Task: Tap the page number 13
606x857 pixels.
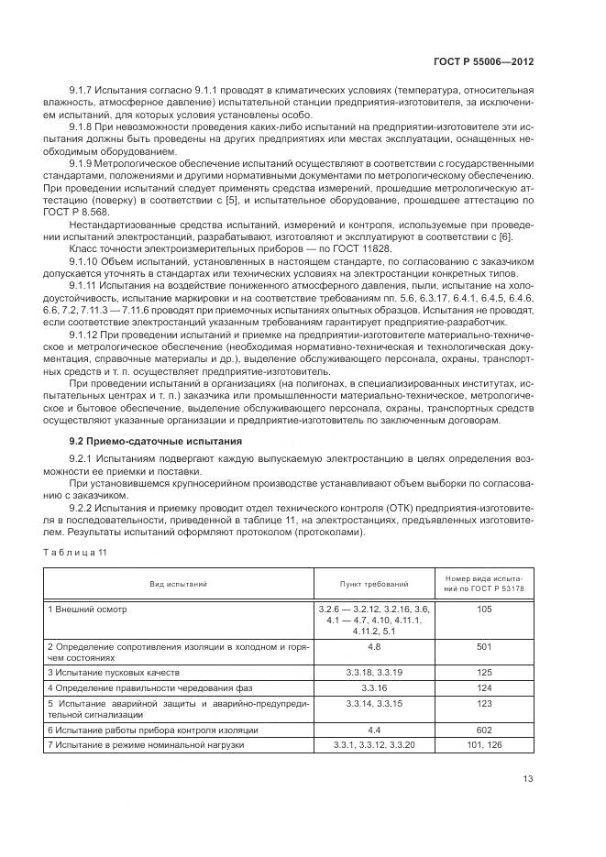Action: (x=528, y=778)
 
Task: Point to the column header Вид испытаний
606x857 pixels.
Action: (x=179, y=583)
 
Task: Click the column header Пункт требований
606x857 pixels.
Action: (x=374, y=583)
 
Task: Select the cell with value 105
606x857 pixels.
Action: (x=485, y=609)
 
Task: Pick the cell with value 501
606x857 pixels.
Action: (x=485, y=646)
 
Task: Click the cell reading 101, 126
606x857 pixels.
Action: (x=485, y=745)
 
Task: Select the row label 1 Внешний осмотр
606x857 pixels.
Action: (x=87, y=609)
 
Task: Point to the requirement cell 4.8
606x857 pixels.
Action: (x=373, y=646)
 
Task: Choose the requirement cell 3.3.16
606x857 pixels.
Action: (x=373, y=687)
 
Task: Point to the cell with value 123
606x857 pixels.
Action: (x=485, y=703)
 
